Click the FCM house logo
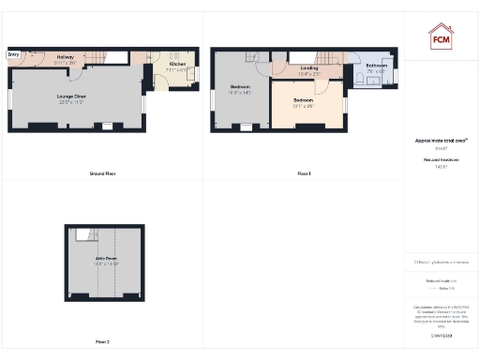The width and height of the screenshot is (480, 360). [x=441, y=37]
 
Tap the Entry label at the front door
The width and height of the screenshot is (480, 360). [x=13, y=54]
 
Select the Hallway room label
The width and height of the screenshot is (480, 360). [x=66, y=57]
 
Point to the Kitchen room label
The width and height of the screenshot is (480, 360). [x=177, y=64]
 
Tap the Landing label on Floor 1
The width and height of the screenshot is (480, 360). [x=309, y=67]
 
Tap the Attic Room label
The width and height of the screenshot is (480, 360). [x=106, y=258]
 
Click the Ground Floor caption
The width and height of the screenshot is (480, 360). [x=102, y=174]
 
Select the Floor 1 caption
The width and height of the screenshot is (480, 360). [x=304, y=174]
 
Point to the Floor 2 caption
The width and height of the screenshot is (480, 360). [x=102, y=341]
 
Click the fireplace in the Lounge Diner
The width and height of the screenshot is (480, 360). [x=108, y=126]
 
